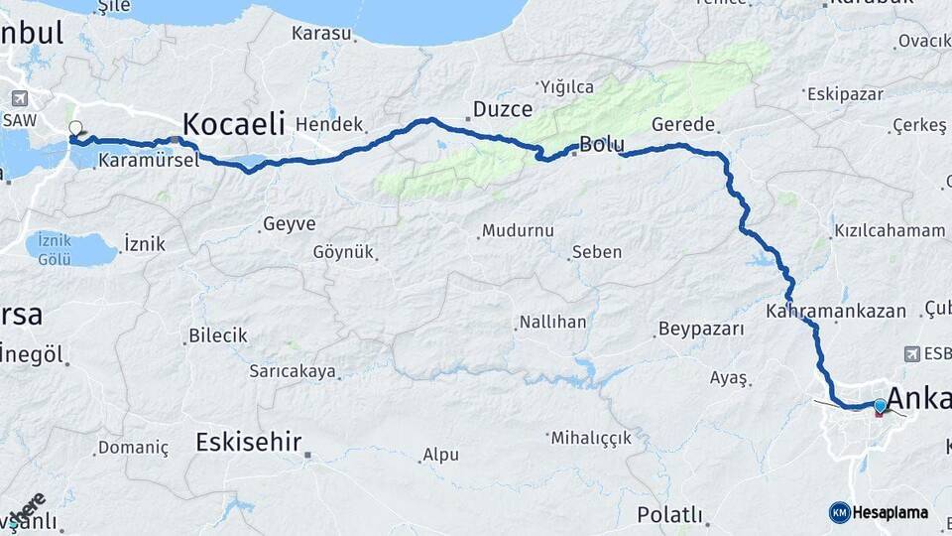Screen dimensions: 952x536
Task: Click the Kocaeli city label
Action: (x=233, y=124)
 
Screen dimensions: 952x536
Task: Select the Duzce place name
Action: (x=502, y=109)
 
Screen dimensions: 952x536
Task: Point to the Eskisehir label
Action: (x=248, y=442)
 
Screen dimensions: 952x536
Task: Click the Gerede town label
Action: (x=683, y=124)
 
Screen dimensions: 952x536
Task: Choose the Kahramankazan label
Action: (x=835, y=311)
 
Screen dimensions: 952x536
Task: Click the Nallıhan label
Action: (x=551, y=323)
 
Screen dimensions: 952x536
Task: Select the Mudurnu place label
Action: (x=517, y=230)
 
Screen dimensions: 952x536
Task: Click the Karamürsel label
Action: (x=149, y=159)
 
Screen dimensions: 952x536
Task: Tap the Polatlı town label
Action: (x=669, y=516)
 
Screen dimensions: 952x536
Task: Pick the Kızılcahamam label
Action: (x=890, y=230)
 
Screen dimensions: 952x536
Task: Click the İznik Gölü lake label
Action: (x=55, y=249)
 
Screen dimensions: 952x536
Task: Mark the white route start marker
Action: (x=75, y=128)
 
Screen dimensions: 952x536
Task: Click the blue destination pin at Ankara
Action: (x=880, y=405)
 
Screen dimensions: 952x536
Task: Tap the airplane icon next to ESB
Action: (x=912, y=353)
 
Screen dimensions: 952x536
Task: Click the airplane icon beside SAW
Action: (x=19, y=98)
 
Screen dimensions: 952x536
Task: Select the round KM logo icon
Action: (x=840, y=512)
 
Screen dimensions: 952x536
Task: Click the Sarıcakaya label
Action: (x=293, y=372)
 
